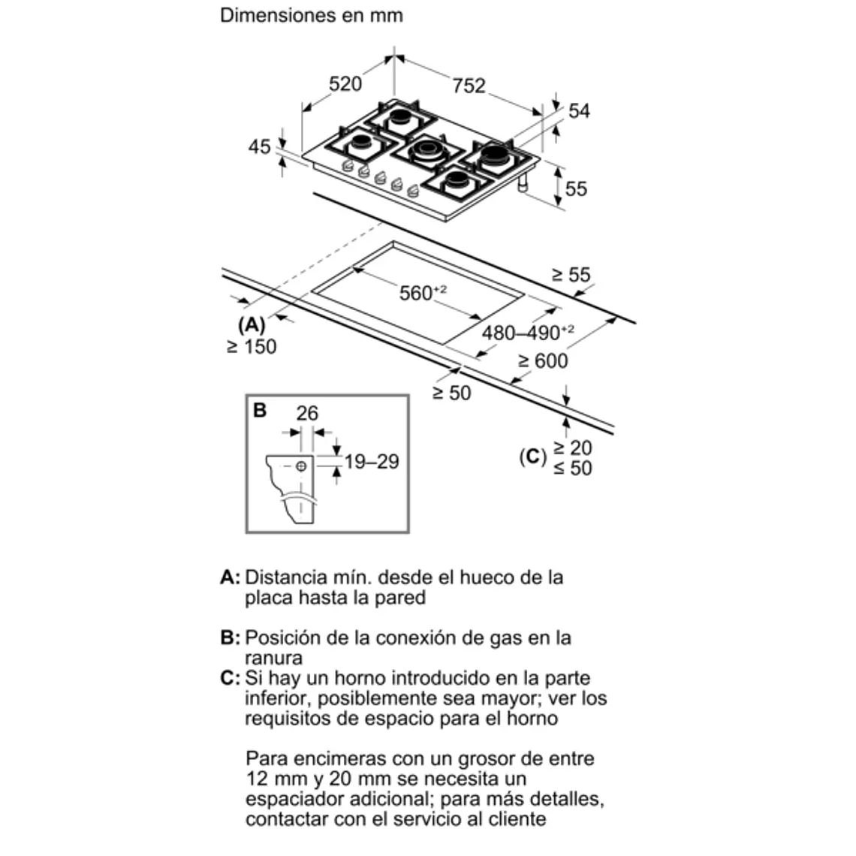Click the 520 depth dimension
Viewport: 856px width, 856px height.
point(345,83)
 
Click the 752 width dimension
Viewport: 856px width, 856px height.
point(469,86)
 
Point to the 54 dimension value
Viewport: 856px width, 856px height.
point(579,111)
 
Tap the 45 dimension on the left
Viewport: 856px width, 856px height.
point(260,146)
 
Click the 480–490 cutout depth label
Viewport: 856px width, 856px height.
point(528,332)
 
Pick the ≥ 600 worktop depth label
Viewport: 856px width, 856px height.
point(542,361)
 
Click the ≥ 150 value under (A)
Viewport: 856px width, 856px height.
point(252,346)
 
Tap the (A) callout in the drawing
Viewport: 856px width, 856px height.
point(251,325)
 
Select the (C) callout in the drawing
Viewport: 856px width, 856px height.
point(532,457)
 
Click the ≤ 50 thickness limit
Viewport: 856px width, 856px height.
point(572,468)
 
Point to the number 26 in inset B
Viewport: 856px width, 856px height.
point(307,412)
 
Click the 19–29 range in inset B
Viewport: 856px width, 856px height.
point(372,461)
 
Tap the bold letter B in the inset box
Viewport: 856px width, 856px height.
point(260,410)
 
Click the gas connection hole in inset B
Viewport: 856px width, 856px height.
point(302,466)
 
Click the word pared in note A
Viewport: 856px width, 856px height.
point(398,598)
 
